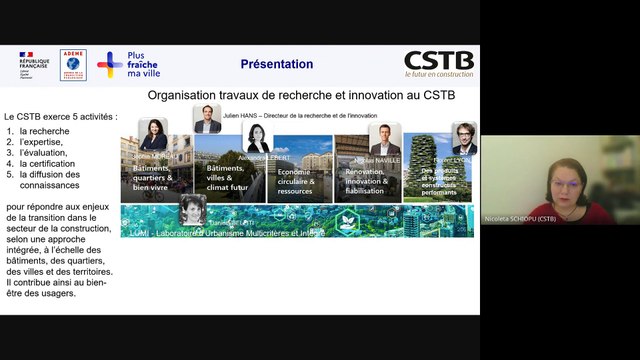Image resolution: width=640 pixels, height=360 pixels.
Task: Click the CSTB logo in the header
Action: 439,64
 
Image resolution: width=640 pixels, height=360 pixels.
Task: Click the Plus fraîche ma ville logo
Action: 128,64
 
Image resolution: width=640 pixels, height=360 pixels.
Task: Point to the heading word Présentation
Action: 276,64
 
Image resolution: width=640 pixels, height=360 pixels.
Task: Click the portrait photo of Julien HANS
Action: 207,119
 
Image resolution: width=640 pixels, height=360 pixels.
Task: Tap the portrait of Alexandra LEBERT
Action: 257,138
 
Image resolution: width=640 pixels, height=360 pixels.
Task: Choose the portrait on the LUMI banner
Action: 192,210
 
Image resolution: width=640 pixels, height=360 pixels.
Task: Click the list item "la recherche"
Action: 51,131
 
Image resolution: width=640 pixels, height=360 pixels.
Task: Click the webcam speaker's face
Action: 562,185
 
